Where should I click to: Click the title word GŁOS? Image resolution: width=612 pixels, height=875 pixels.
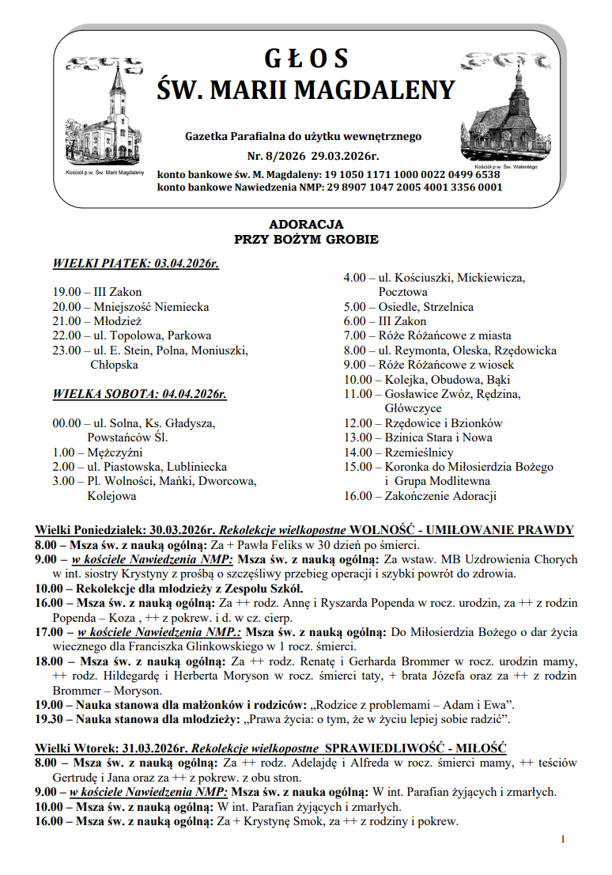(306, 59)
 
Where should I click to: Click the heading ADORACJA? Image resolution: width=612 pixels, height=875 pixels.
(306, 225)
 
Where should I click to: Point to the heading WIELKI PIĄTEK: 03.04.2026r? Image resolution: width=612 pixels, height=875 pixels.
(135, 263)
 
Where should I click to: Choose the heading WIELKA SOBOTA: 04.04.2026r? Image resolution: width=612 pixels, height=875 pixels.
(139, 393)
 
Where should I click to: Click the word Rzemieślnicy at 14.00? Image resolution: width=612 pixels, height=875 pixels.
(418, 453)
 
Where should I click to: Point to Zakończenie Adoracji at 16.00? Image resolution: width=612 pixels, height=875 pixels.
(440, 496)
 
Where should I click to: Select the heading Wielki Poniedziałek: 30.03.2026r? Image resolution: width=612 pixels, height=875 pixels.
(125, 530)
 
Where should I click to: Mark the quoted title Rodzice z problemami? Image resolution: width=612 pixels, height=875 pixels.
(396, 704)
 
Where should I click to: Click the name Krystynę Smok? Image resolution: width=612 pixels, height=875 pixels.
(277, 821)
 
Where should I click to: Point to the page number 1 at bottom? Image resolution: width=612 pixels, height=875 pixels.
(562, 839)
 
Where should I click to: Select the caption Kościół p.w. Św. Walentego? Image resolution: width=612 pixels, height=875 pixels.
(506, 167)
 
